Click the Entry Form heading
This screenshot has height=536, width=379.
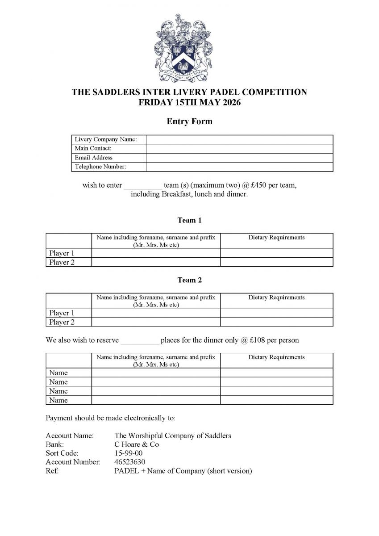(189, 121)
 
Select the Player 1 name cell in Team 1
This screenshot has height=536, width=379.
(156, 253)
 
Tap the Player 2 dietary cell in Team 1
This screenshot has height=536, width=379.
(277, 262)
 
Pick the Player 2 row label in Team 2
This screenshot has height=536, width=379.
(62, 322)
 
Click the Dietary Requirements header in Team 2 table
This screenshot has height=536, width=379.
(276, 297)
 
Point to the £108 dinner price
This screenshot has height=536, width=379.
(259, 340)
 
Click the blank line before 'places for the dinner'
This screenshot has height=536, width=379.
(140, 340)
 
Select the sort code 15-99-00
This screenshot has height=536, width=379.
(129, 453)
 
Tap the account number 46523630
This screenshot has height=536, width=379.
(130, 462)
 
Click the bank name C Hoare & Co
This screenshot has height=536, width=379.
(137, 444)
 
